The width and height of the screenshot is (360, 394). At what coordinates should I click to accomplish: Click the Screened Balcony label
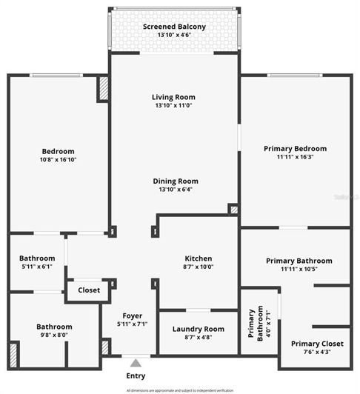pyautogui.click(x=174, y=27)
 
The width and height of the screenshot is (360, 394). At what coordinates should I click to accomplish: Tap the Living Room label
pyautogui.click(x=173, y=97)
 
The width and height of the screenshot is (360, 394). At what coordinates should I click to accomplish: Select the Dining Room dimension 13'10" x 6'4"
pyautogui.click(x=176, y=190)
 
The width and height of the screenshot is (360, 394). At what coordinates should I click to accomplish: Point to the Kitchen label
pyautogui.click(x=198, y=258)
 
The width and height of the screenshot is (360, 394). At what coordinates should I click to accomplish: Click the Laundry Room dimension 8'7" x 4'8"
pyautogui.click(x=198, y=338)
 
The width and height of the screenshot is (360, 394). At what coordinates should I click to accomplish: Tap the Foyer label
pyautogui.click(x=132, y=315)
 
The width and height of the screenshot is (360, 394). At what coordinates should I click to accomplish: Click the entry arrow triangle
pyautogui.click(x=135, y=363)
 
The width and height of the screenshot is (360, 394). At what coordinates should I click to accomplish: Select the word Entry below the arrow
pyautogui.click(x=136, y=375)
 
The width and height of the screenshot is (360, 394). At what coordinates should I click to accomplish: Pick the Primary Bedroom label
pyautogui.click(x=295, y=148)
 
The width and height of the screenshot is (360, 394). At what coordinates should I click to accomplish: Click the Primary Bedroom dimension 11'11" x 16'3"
pyautogui.click(x=295, y=157)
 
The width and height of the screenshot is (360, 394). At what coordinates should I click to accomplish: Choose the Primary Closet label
pyautogui.click(x=316, y=343)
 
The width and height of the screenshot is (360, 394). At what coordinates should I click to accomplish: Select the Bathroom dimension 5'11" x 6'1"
pyautogui.click(x=37, y=267)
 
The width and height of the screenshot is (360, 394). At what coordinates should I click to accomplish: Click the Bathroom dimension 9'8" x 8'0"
pyautogui.click(x=54, y=335)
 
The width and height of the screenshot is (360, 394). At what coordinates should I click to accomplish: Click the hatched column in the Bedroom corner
pyautogui.click(x=103, y=90)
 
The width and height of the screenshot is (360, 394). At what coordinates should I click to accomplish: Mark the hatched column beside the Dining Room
pyautogui.click(x=233, y=210)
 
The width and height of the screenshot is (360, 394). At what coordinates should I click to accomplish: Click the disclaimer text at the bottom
pyautogui.click(x=180, y=390)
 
